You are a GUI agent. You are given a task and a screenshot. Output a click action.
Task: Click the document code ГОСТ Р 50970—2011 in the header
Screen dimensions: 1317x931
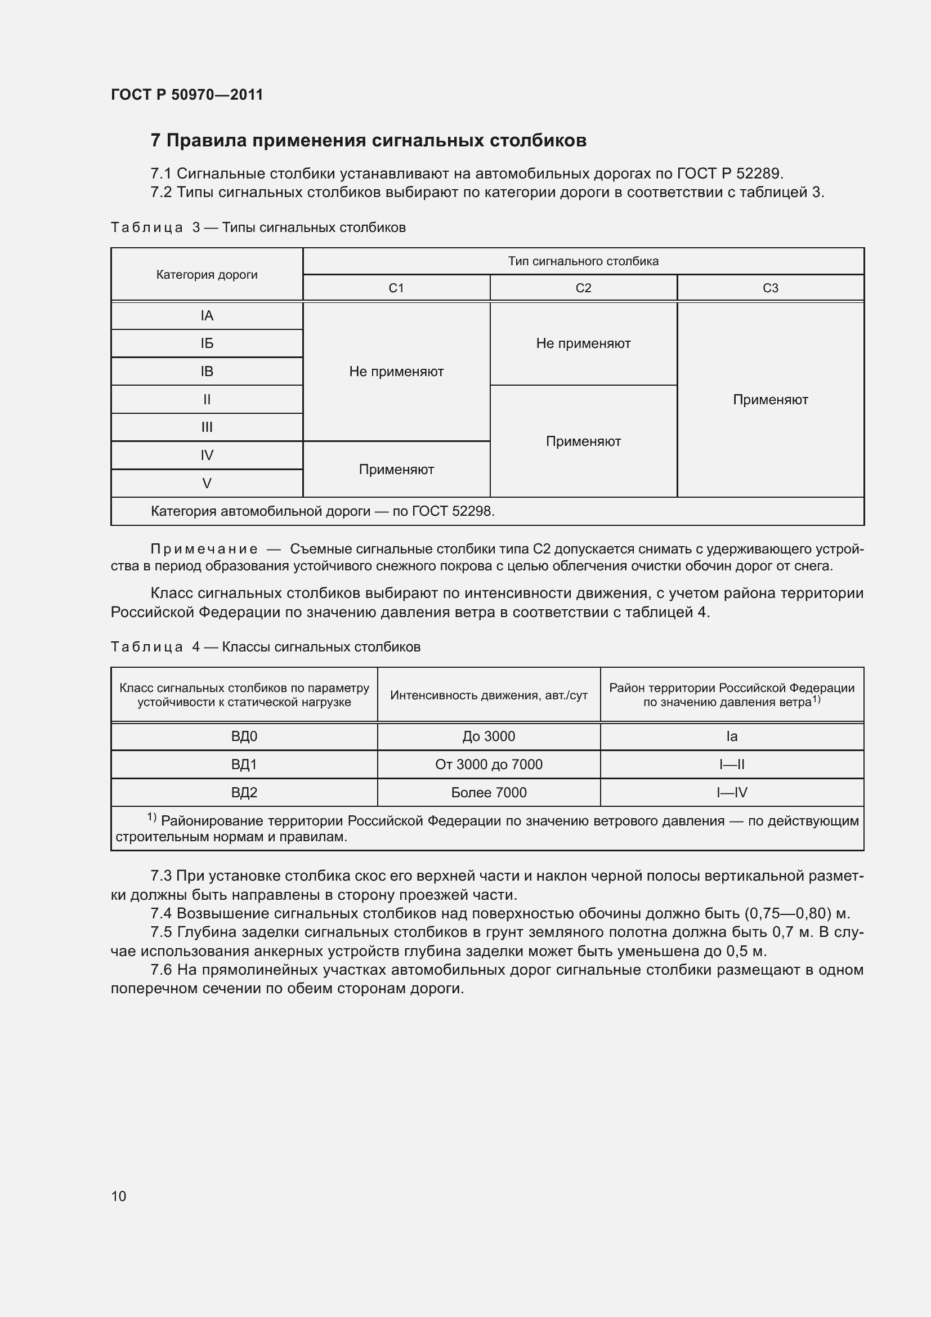(x=187, y=95)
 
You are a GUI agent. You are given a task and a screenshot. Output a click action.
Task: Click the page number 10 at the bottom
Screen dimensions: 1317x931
(x=119, y=1196)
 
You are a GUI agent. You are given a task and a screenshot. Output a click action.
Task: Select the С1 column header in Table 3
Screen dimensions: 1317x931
(x=396, y=288)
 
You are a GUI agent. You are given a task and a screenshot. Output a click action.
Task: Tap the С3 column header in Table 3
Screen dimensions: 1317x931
(x=770, y=288)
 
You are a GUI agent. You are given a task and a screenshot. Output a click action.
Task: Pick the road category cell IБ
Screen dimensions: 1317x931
(x=207, y=343)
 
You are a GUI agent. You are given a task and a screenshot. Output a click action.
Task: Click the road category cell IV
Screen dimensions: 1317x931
(x=207, y=456)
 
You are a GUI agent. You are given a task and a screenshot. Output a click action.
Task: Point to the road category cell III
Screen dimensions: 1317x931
(x=207, y=427)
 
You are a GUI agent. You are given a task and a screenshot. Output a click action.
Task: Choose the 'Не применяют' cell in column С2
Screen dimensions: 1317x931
(x=583, y=343)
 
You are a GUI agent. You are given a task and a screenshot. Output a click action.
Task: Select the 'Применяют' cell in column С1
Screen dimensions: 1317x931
(x=396, y=470)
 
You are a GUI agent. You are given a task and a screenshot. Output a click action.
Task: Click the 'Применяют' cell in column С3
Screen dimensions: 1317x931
(x=770, y=400)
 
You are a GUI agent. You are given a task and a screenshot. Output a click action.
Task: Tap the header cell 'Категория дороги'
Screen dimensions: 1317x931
(x=207, y=275)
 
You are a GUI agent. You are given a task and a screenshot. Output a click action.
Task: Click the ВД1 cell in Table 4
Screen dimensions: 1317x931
(x=244, y=765)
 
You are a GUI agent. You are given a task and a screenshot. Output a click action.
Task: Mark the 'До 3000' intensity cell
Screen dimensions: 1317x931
(x=489, y=736)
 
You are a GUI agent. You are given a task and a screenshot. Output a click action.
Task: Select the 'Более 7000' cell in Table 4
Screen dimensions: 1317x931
(x=489, y=793)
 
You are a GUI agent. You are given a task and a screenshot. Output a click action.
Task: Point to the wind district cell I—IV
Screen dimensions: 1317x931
(x=732, y=793)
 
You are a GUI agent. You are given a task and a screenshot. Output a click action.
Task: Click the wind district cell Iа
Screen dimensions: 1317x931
(x=732, y=736)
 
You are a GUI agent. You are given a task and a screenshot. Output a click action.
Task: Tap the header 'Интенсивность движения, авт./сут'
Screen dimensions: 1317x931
(x=489, y=696)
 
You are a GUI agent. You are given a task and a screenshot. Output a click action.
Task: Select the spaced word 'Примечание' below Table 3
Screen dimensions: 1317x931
(x=204, y=550)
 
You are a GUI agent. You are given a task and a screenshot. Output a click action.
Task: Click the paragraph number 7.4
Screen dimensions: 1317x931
(x=161, y=913)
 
